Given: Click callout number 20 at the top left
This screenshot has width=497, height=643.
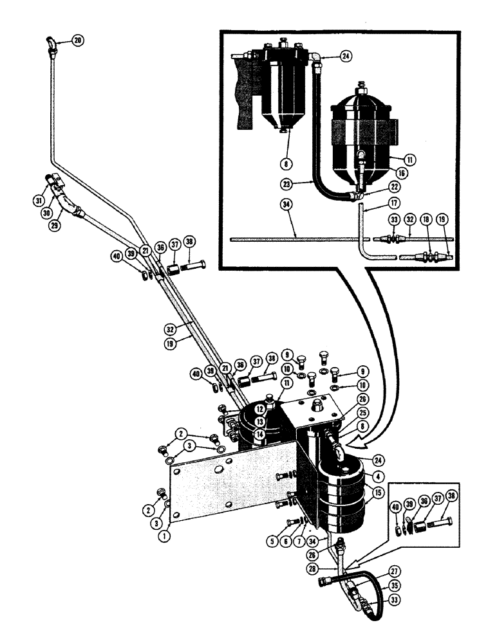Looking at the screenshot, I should [77, 41].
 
